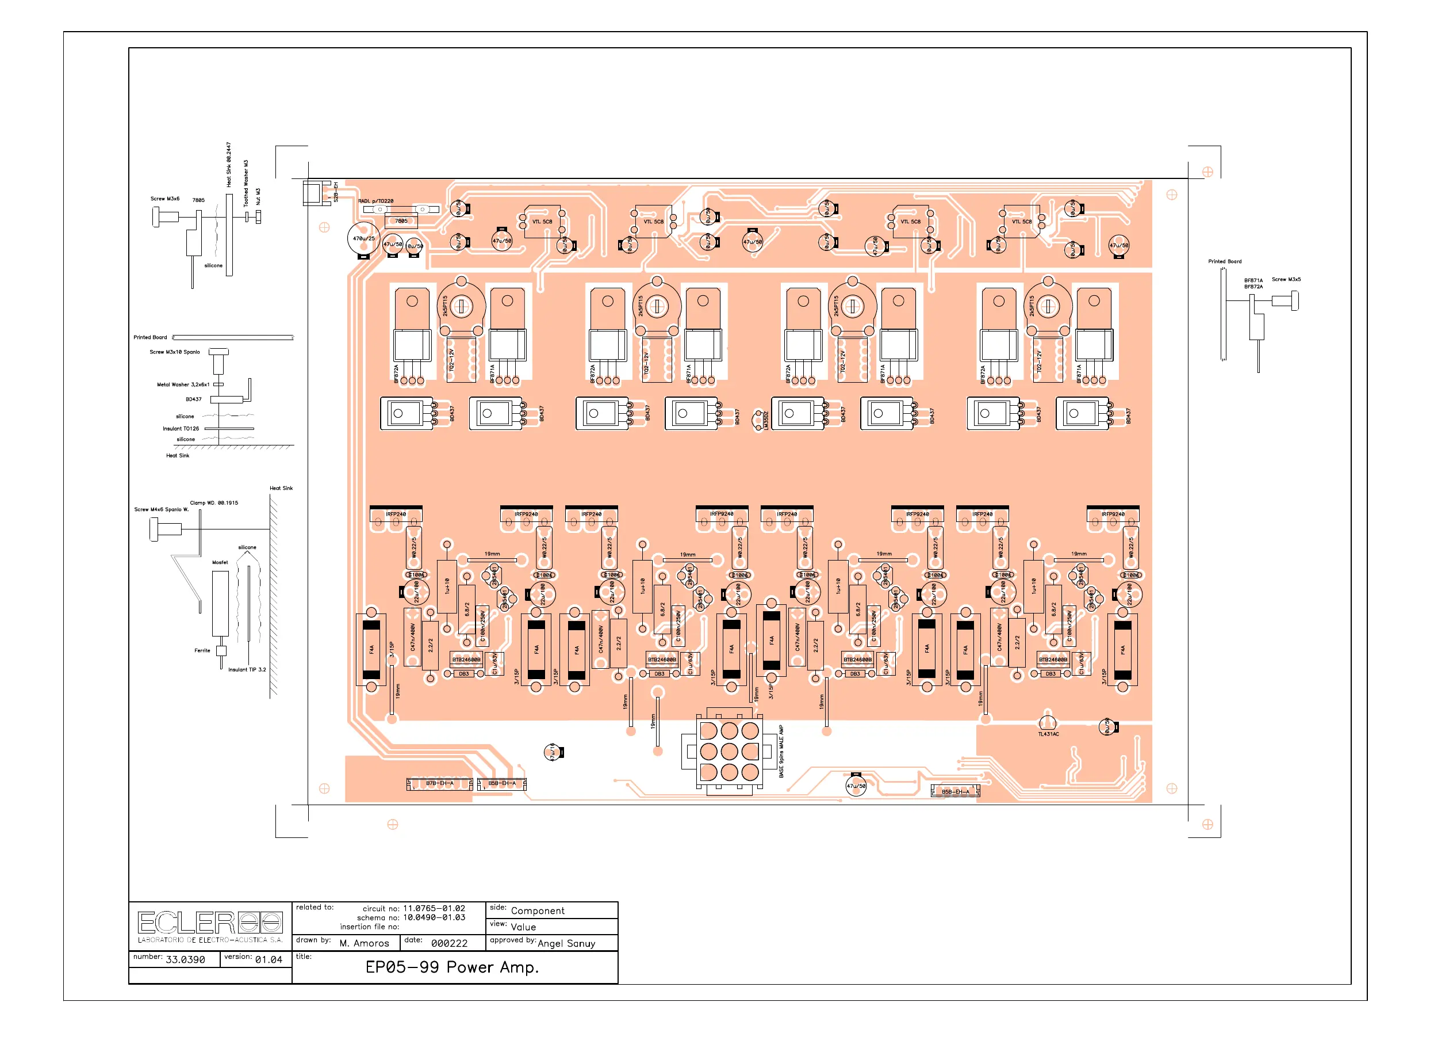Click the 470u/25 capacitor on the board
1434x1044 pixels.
point(363,239)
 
